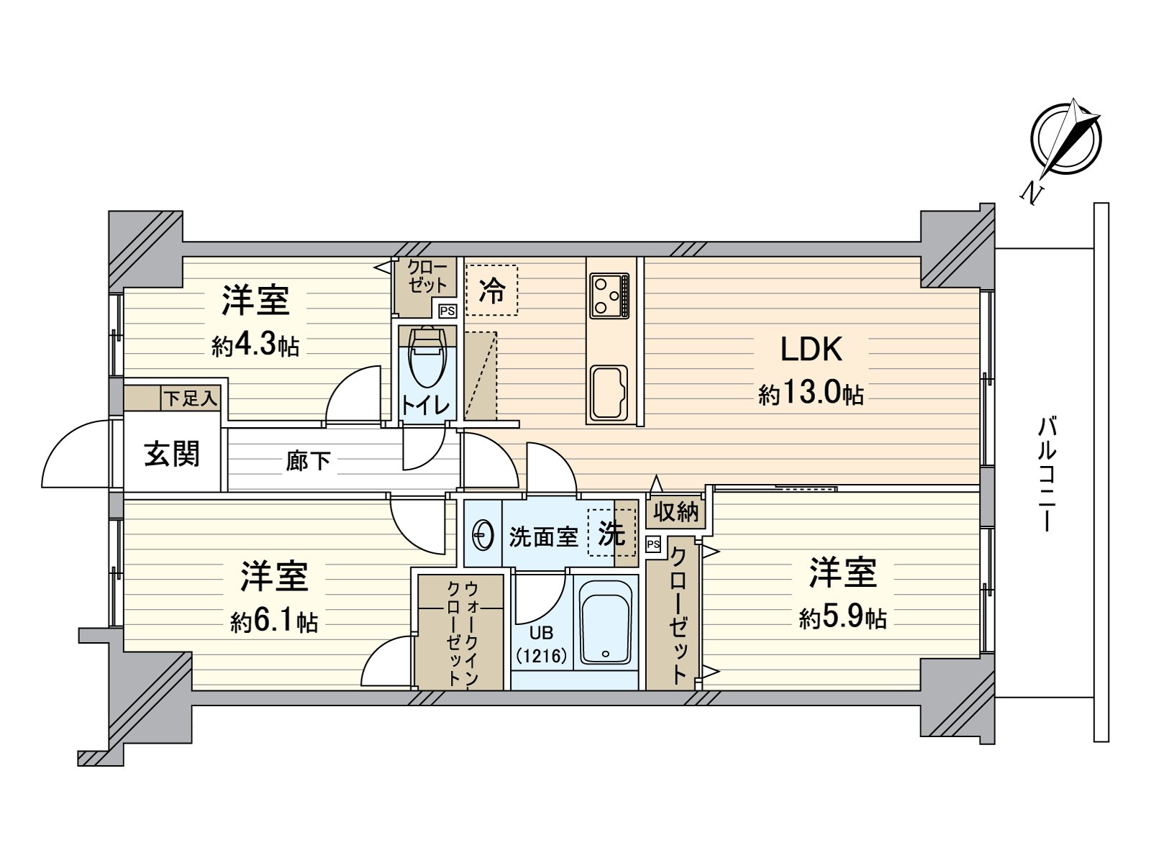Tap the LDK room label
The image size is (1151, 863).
click(811, 349)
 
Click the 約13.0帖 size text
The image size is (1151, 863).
click(811, 394)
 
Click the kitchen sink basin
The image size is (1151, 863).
click(609, 393)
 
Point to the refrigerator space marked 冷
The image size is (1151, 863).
click(492, 291)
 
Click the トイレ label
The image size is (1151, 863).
click(426, 405)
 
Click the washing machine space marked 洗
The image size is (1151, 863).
click(611, 533)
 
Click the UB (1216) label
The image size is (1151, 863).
click(541, 644)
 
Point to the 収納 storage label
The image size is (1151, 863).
click(675, 511)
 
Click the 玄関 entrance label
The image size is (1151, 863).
click(171, 454)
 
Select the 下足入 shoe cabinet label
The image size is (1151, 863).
click(190, 398)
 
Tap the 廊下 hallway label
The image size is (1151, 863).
click(308, 460)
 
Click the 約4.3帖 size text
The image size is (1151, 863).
click(255, 346)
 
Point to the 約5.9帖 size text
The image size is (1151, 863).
click(842, 617)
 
